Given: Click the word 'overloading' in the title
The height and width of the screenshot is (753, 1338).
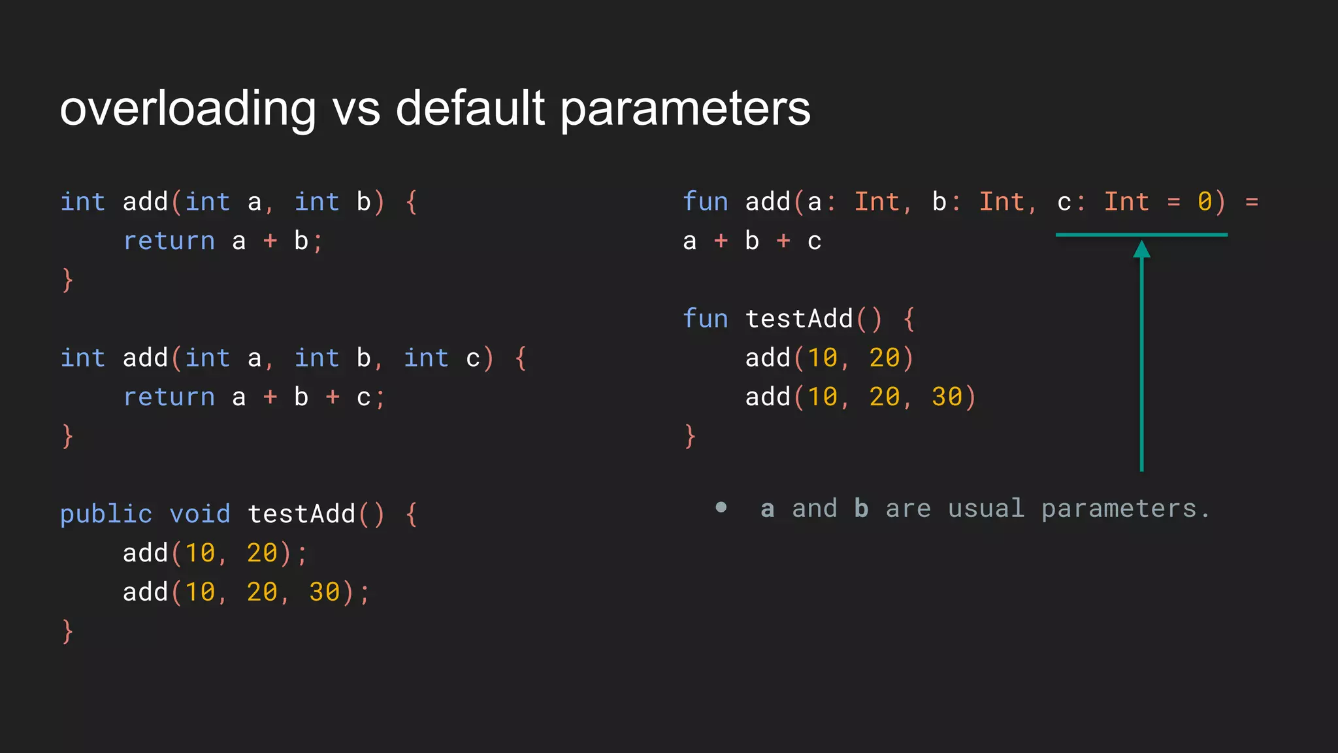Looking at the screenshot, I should pyautogui.click(x=188, y=109).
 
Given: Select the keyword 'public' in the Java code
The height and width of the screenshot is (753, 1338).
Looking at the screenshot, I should pyautogui.click(x=106, y=514).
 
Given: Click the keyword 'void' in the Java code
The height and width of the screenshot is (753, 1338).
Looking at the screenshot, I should pyautogui.click(x=200, y=514).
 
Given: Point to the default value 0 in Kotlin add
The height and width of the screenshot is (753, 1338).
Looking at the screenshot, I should pyautogui.click(x=1205, y=202).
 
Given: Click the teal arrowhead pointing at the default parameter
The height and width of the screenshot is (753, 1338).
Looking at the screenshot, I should pyautogui.click(x=1141, y=249).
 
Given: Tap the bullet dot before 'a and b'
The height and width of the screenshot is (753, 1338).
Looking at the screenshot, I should pyautogui.click(x=721, y=507).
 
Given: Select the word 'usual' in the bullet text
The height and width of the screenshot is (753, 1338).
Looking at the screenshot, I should pyautogui.click(x=986, y=509).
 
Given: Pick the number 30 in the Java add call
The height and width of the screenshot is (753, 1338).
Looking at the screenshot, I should pyautogui.click(x=324, y=592).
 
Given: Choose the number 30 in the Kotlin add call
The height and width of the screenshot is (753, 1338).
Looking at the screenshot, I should pyautogui.click(x=947, y=397).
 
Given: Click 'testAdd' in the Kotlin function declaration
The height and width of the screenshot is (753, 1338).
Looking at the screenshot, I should pyautogui.click(x=799, y=319).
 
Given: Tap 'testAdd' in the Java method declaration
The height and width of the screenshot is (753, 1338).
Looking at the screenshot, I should pyautogui.click(x=301, y=514).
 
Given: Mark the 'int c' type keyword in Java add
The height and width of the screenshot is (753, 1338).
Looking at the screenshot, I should pyautogui.click(x=426, y=358).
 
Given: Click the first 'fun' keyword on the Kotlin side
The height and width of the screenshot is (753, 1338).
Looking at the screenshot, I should pyautogui.click(x=705, y=202).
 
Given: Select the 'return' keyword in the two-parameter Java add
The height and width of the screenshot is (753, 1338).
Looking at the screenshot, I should pyautogui.click(x=169, y=241).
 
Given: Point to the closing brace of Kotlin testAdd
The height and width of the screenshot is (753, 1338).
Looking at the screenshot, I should pyautogui.click(x=690, y=436).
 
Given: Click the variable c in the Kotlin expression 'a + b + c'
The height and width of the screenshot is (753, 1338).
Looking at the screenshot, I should pyautogui.click(x=814, y=241).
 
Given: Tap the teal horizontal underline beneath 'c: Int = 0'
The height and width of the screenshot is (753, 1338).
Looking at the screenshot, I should pyautogui.click(x=1141, y=235).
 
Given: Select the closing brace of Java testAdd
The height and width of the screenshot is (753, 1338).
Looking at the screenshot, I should pyautogui.click(x=67, y=631).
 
